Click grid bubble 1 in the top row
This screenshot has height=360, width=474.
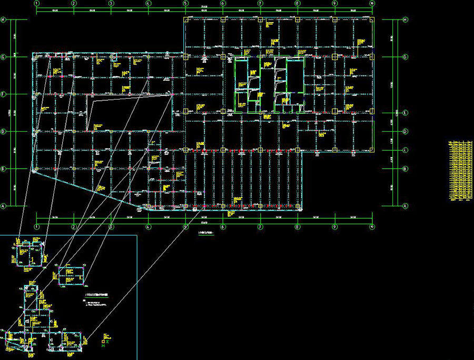[x=36, y=3]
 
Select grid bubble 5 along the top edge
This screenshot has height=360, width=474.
[x=185, y=3]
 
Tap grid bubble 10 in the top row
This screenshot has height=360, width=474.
[x=372, y=3]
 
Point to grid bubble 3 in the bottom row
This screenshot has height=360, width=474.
[x=111, y=227]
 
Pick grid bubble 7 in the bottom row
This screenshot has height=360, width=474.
[x=260, y=227]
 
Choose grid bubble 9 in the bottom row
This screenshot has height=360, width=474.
[x=335, y=227]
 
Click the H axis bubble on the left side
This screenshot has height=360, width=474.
[x=3, y=20]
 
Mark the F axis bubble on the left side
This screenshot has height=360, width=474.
[x=3, y=94]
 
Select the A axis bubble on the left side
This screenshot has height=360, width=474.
[x=3, y=206]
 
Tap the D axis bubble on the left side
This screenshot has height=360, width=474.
[x=3, y=132]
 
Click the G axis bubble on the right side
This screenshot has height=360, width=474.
[x=405, y=57]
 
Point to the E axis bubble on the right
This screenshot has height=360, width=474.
[x=405, y=113]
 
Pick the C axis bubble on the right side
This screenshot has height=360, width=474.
[x=405, y=150]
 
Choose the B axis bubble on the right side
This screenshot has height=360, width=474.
[x=405, y=169]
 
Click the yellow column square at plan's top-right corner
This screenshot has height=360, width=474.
[x=372, y=20]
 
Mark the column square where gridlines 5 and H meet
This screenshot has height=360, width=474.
[x=186, y=20]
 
